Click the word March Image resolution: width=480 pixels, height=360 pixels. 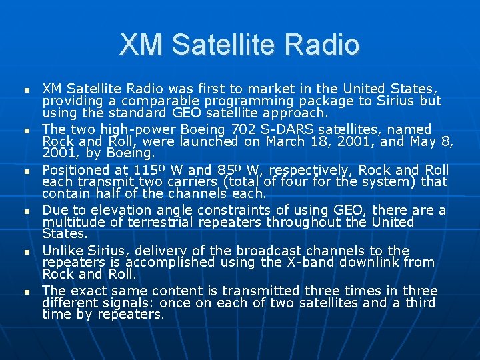pos(285,141)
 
